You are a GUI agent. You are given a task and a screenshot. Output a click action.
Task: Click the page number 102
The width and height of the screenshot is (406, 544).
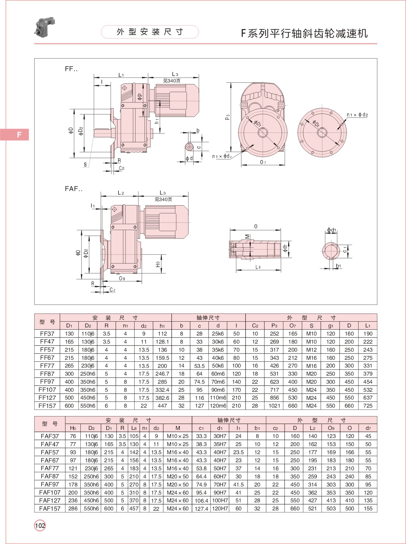(40, 526)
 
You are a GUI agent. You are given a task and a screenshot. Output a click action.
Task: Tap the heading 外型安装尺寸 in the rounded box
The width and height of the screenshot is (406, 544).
(150, 32)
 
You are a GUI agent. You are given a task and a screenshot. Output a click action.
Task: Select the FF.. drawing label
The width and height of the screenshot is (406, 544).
(71, 69)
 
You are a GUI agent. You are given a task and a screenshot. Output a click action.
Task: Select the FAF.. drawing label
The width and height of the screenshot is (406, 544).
(74, 189)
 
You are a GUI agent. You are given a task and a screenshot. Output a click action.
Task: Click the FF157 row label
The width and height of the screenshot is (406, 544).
(47, 406)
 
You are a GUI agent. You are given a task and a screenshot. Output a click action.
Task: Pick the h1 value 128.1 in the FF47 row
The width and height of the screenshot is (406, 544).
(162, 342)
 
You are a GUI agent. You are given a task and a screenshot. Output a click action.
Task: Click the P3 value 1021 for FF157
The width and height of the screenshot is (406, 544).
(274, 406)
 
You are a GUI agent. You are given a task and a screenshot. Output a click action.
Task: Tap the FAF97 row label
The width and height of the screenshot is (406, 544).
(50, 484)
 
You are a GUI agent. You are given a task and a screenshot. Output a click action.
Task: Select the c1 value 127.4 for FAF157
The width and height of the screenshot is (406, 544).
(201, 508)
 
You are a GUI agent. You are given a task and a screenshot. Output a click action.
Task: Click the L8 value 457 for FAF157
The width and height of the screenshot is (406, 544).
(134, 508)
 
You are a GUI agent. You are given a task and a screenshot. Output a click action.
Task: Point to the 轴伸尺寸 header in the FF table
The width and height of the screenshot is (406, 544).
(208, 318)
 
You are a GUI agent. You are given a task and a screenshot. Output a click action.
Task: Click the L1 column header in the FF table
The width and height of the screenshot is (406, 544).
(368, 325)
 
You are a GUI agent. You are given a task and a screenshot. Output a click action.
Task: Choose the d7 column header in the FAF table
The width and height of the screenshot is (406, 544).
(368, 428)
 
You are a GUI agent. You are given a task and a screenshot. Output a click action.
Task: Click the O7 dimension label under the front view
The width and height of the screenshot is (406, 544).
(263, 162)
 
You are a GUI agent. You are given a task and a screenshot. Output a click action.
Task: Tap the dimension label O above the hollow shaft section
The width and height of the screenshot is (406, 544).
(256, 226)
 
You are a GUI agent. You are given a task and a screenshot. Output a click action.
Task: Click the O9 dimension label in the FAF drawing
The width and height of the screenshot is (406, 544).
(122, 278)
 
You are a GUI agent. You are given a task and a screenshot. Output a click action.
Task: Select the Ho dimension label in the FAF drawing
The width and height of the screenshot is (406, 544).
(158, 264)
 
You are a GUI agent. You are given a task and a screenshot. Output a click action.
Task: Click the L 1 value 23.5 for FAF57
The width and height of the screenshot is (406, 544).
(238, 452)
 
